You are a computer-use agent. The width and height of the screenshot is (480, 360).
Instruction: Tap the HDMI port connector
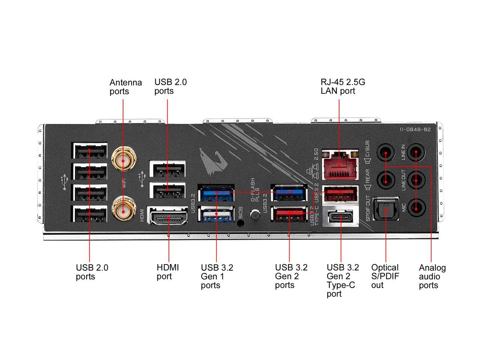pos(168,217)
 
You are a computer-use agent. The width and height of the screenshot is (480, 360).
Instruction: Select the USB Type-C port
pos(341,217)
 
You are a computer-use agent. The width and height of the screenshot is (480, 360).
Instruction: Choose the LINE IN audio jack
pos(416,153)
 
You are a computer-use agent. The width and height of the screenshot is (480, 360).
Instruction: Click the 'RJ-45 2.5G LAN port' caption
pos(343,87)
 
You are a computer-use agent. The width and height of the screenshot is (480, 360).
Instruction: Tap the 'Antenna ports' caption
pos(126,87)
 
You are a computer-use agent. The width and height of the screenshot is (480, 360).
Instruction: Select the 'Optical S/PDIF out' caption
pos(385,276)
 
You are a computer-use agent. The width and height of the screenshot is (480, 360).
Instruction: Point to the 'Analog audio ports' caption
pos(432,277)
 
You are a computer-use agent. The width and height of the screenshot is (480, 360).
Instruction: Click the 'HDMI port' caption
pos(168,272)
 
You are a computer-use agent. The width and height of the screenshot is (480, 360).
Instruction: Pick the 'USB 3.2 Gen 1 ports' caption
pos(217,276)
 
